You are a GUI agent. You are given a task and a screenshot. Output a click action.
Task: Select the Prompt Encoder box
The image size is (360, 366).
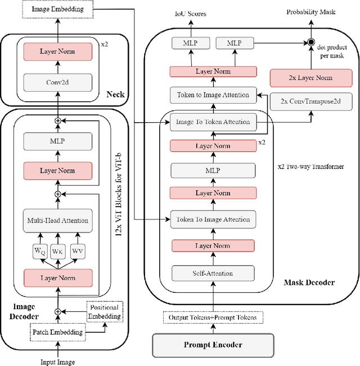[x=213, y=345]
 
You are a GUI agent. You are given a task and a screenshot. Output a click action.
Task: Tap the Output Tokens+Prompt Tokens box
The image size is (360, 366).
[x=213, y=317]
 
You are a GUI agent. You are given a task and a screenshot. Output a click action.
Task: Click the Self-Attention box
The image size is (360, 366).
[x=213, y=273]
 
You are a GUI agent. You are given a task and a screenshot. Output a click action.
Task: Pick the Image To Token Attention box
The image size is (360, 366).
[x=213, y=121]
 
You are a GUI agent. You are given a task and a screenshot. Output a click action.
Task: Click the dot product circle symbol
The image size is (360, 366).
[x=309, y=42]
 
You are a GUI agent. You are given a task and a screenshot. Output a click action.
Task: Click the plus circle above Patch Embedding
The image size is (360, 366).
[x=56, y=311]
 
